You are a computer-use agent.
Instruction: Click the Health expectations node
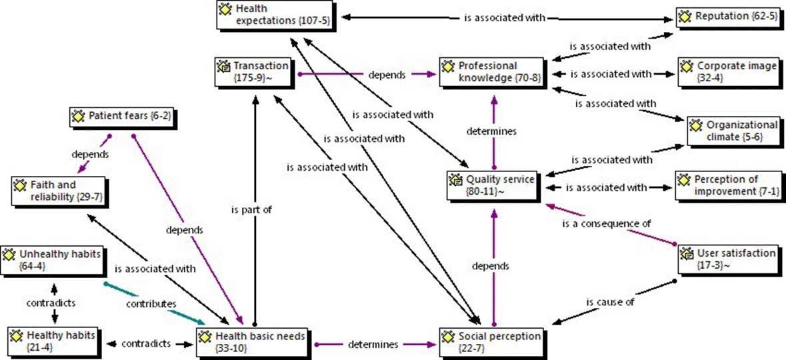(273, 15)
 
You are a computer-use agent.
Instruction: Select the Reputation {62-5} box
(725, 15)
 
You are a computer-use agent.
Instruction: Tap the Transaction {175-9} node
(252, 72)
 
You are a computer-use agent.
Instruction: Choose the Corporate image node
(729, 72)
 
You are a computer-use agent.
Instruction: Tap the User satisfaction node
(729, 259)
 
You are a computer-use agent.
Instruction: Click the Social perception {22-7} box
(492, 342)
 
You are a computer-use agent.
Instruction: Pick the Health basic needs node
(253, 342)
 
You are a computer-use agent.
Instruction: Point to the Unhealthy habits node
(52, 261)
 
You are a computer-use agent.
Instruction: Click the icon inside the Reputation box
(686, 15)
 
